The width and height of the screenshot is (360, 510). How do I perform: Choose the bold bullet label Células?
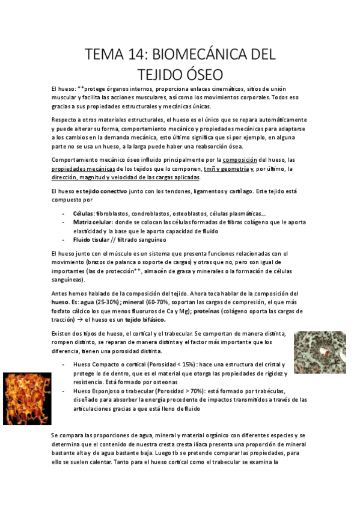pyautogui.click(x=83, y=214)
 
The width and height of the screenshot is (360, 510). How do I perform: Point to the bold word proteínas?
pyautogui.click(x=207, y=311)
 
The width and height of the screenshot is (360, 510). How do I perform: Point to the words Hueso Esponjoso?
pyautogui.click(x=98, y=390)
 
